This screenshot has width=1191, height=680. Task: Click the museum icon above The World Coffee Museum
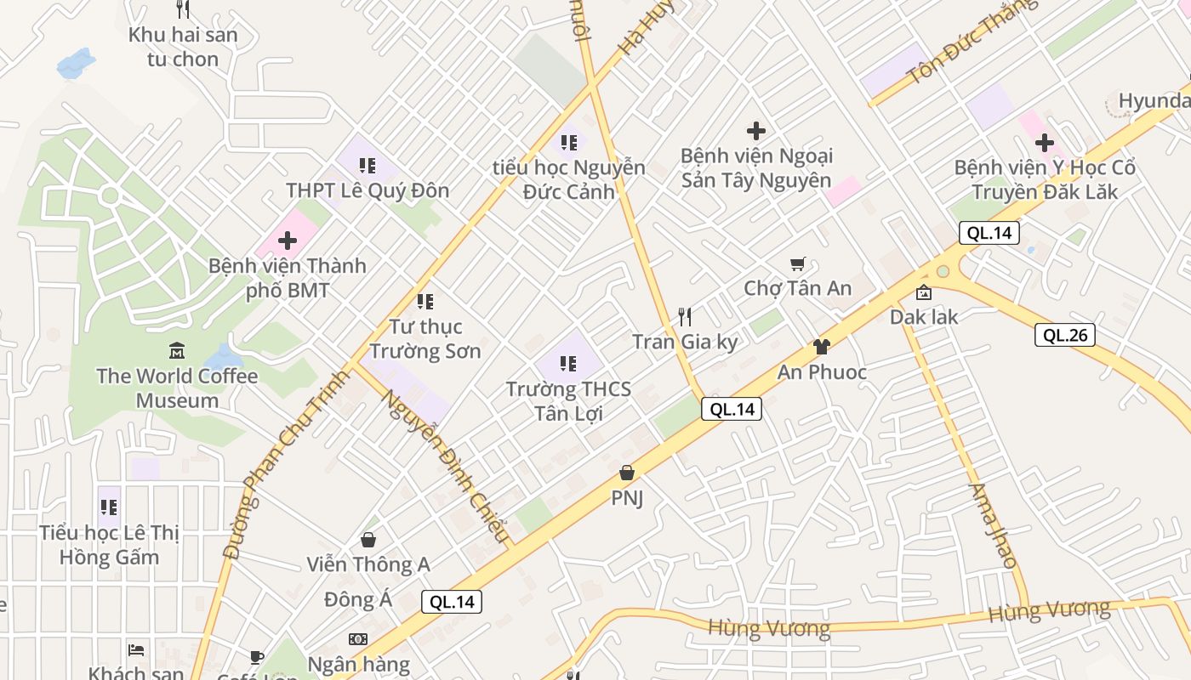[x=177, y=349]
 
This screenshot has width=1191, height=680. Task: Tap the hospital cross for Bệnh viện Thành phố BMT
[x=288, y=241]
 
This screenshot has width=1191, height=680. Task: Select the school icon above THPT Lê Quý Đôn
[x=368, y=165]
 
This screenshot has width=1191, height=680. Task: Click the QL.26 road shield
[x=1065, y=335]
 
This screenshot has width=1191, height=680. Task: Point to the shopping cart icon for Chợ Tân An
[x=797, y=264]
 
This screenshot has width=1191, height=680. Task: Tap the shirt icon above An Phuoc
[x=821, y=346]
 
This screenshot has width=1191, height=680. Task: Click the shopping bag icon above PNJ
[x=627, y=473]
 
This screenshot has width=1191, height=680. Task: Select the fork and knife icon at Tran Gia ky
[x=685, y=317]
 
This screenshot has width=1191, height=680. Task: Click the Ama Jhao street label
[x=993, y=526]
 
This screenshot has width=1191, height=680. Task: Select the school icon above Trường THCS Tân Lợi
[x=568, y=365]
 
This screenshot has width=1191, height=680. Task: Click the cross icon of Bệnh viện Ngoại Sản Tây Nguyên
[x=755, y=131]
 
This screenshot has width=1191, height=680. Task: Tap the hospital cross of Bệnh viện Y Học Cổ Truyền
[x=1045, y=143]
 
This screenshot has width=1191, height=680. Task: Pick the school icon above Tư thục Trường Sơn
[x=425, y=301]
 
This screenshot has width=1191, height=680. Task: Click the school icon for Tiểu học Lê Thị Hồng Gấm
[x=109, y=507]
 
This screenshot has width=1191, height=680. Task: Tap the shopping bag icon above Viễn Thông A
[x=368, y=540]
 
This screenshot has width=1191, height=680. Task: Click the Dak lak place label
[x=924, y=317]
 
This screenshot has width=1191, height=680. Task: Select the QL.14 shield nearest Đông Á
[x=452, y=602]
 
